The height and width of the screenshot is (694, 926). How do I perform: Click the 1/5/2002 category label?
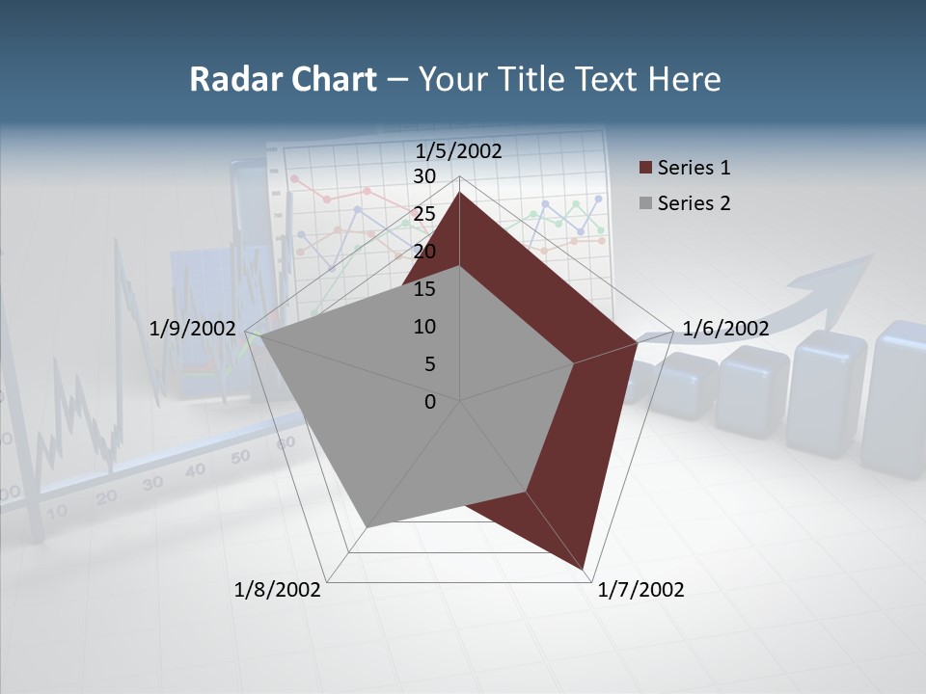click(458, 151)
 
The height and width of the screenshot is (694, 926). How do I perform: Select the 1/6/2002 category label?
click(725, 329)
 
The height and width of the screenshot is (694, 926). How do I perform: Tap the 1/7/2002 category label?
click(640, 590)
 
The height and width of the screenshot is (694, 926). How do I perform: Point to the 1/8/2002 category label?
click(278, 590)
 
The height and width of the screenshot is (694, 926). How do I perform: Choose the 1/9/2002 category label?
click(193, 329)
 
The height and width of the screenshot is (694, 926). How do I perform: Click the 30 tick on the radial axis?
click(424, 176)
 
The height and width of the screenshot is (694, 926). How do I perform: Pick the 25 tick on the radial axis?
click(424, 214)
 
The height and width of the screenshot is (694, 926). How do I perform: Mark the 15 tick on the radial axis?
click(424, 289)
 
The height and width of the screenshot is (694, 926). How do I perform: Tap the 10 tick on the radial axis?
click(424, 327)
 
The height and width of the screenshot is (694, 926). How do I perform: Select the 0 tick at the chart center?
click(430, 402)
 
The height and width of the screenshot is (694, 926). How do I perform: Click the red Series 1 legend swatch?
click(645, 169)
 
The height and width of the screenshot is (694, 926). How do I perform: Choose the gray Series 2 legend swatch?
click(645, 203)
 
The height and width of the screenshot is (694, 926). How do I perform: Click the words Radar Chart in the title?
click(283, 79)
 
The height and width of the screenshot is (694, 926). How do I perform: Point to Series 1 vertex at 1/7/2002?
click(585, 569)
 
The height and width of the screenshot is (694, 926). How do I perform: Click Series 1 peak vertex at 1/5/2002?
click(459, 193)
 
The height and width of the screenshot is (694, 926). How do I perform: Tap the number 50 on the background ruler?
click(240, 456)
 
